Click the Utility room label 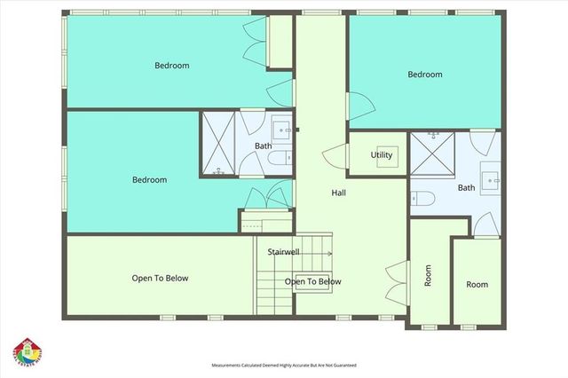382,155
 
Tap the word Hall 339,193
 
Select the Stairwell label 283,252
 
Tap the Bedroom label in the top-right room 424,75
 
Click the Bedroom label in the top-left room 171,65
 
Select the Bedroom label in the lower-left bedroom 149,180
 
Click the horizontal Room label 477,285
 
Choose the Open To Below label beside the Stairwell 312,282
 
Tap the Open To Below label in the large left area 160,278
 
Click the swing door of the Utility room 334,157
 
